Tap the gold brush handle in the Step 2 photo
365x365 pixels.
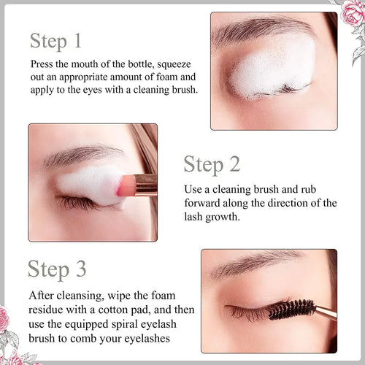145,186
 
